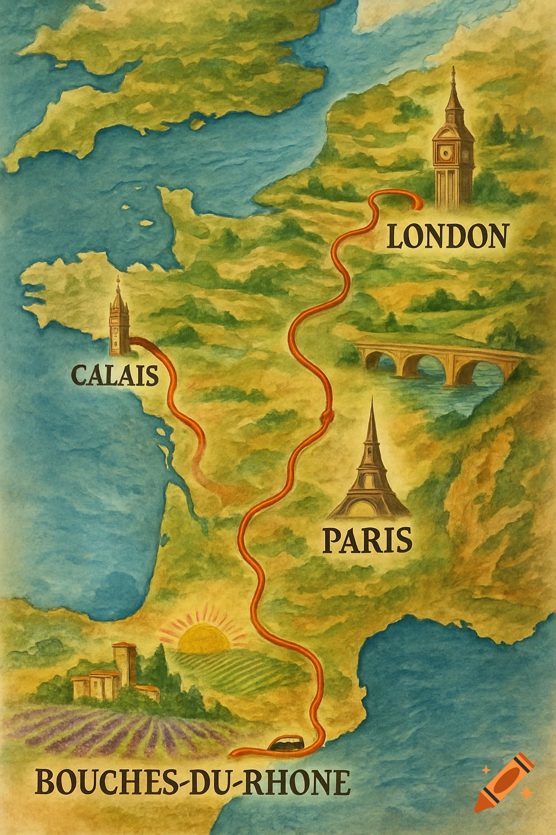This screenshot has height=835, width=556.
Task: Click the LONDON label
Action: (447, 236)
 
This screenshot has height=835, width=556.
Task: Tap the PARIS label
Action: (367, 540)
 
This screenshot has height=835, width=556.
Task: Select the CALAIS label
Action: (115, 375)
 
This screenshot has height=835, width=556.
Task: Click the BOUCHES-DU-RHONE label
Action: (192, 783)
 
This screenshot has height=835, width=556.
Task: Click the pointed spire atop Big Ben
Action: (453, 87)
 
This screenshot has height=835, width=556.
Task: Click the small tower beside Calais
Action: (118, 318)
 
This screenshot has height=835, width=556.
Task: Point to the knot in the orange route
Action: (326, 416)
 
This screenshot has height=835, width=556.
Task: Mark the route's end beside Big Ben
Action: (418, 203)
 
